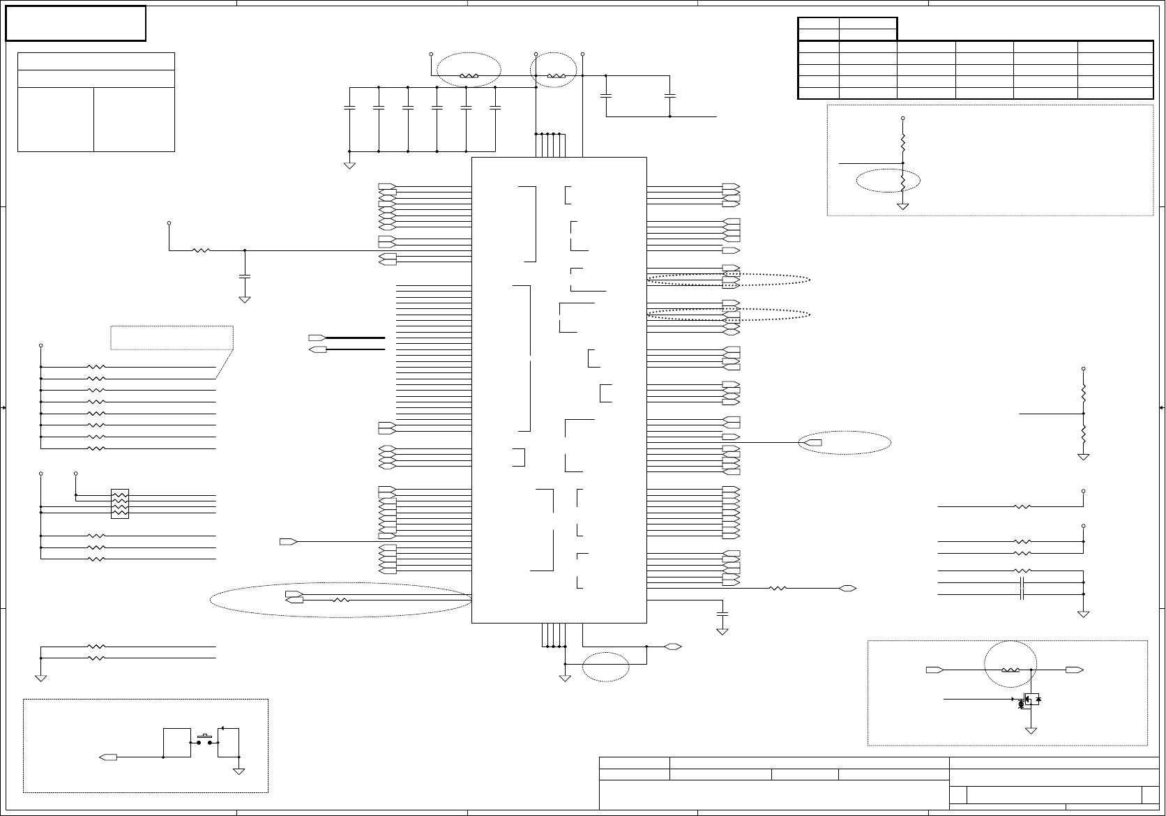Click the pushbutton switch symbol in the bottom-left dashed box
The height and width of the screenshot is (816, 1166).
coord(205,739)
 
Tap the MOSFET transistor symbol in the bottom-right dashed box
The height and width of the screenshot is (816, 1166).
coord(1027,700)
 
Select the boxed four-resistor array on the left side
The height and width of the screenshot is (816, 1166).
coord(120,504)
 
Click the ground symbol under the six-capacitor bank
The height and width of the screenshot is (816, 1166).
coord(349,165)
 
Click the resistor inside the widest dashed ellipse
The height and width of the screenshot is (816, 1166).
coord(340,600)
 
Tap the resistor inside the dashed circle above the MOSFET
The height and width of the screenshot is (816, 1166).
coord(1010,670)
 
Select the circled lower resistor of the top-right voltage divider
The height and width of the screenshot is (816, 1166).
coord(903,182)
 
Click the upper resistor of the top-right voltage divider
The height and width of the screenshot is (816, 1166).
coord(903,143)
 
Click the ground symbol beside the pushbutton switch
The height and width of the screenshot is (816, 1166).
coord(239,771)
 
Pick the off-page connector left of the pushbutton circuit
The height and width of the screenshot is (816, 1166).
coord(108,757)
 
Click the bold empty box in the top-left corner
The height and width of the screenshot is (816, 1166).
coord(75,23)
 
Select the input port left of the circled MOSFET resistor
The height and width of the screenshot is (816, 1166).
coord(934,670)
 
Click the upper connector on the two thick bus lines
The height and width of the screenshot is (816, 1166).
coord(317,338)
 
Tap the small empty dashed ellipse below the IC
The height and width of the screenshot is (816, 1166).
coord(605,667)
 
